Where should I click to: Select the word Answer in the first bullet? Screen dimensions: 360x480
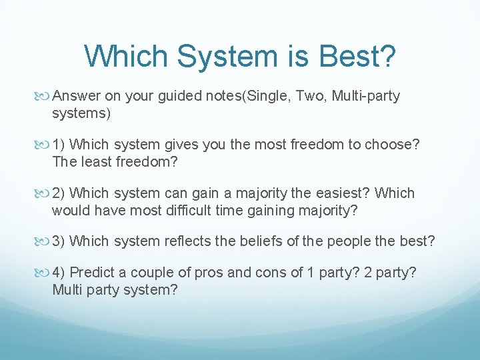(x=76, y=96)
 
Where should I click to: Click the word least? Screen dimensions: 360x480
(x=93, y=162)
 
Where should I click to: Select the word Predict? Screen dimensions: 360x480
(x=93, y=272)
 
